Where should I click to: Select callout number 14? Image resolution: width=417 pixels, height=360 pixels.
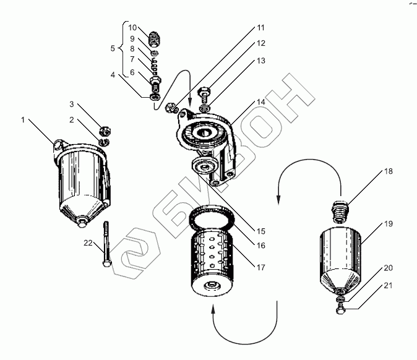(262, 102)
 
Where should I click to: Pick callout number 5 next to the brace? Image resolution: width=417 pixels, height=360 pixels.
(112, 48)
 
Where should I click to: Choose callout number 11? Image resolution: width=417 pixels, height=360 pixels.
(261, 28)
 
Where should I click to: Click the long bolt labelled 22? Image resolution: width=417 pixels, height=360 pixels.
(106, 244)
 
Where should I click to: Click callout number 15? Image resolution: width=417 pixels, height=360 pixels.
(262, 231)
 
